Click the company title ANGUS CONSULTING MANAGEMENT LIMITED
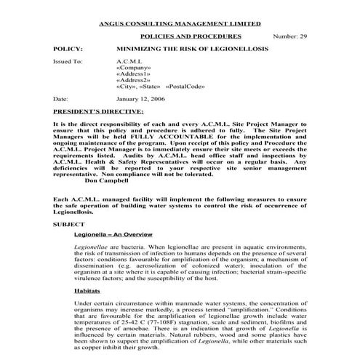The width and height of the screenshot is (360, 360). click(x=179, y=23)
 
